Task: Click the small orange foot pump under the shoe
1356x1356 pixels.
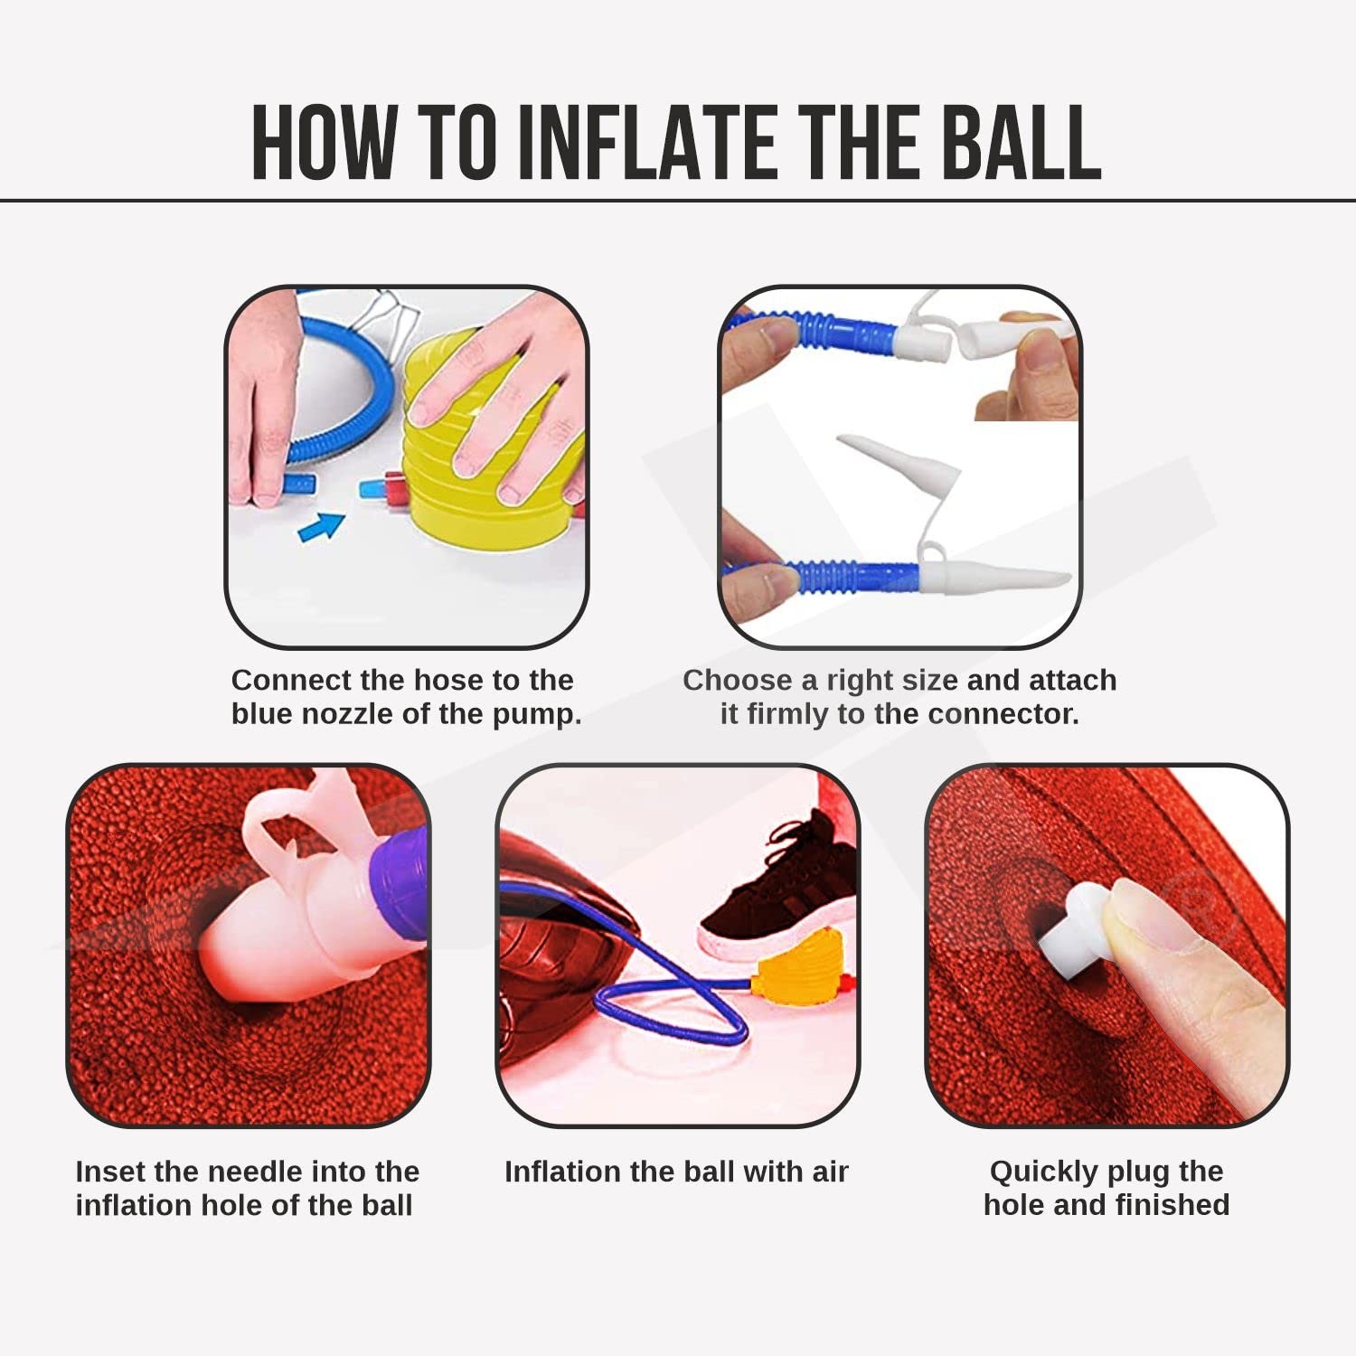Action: tap(800, 969)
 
